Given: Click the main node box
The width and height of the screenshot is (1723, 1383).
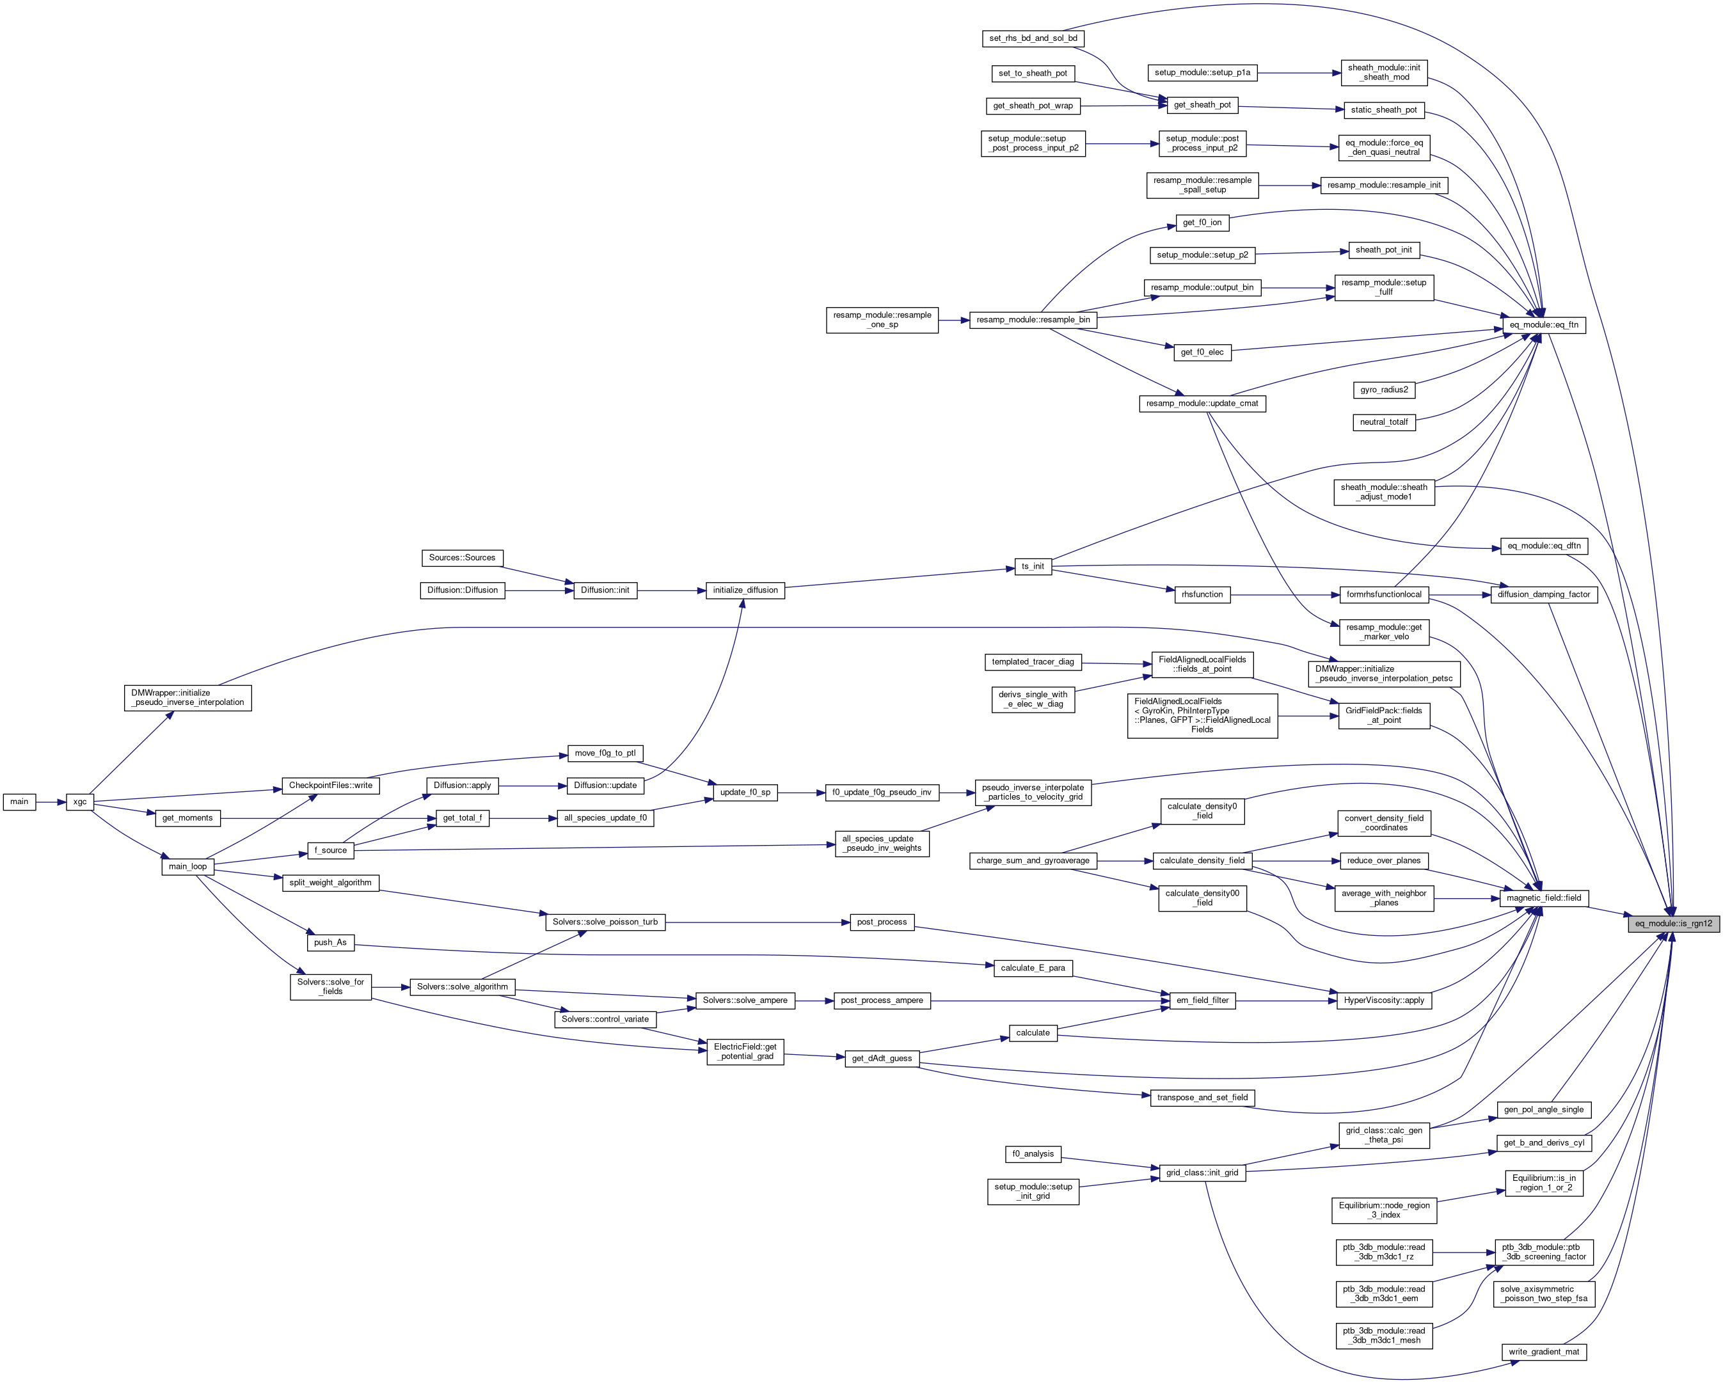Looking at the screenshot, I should pos(19,802).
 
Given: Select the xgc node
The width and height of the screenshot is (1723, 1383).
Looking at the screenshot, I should pos(80,802).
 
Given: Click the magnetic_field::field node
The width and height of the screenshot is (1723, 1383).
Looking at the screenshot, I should pos(1544,898).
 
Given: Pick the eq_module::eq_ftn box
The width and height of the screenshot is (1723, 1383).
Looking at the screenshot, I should pos(1544,325).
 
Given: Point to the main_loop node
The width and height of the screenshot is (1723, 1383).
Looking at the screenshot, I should pos(188,866).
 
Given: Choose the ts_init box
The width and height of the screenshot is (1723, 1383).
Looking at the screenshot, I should pos(1033,567).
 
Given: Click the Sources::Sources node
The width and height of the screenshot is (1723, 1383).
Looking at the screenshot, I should pos(462,558).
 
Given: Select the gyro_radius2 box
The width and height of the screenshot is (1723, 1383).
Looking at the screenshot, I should pos(1384,390).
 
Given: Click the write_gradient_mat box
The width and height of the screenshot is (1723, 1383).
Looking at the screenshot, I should pos(1544,1352).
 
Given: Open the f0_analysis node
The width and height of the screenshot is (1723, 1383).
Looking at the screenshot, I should pos(1033,1154).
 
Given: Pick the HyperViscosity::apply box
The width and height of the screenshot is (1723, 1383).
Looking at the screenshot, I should pos(1384,1000).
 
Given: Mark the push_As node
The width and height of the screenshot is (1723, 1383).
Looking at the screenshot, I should pos(330,943).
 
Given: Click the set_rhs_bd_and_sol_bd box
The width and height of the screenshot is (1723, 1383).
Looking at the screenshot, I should pos(1033,38).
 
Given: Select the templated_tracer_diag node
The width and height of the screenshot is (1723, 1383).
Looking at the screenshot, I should pos(1033,661).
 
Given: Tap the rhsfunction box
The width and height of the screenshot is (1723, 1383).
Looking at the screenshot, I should pos(1203,594).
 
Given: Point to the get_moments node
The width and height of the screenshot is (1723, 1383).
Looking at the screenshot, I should pos(188,818).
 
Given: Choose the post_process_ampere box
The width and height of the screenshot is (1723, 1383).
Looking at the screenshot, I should pos(882,1000).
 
